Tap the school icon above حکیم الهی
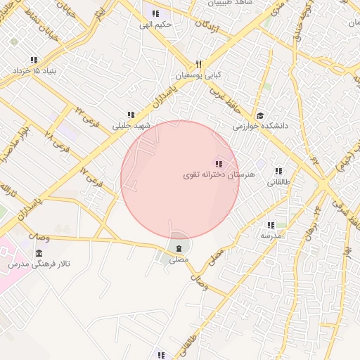[155, 13]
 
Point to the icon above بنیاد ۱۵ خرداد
[34, 60]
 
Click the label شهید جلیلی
[131, 127]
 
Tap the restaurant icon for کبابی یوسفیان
[200, 63]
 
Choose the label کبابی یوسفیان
[193, 74]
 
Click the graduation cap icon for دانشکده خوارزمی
[260, 115]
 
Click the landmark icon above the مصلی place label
[179, 248]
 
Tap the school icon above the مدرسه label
[270, 225]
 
